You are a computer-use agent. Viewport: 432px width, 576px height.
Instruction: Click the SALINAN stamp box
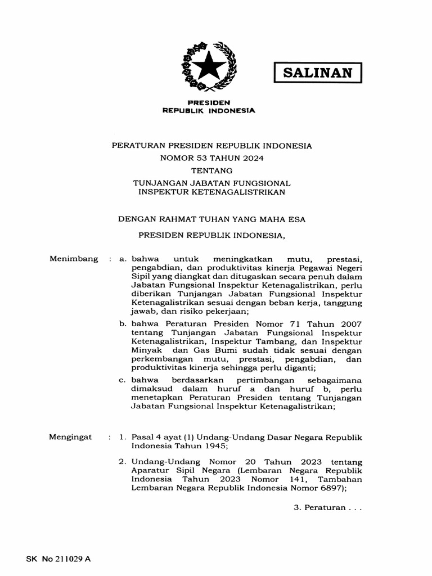point(317,73)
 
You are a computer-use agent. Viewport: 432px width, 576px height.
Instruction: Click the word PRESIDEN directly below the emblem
point(209,103)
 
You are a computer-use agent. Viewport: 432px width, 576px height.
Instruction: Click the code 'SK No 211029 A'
point(58,560)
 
